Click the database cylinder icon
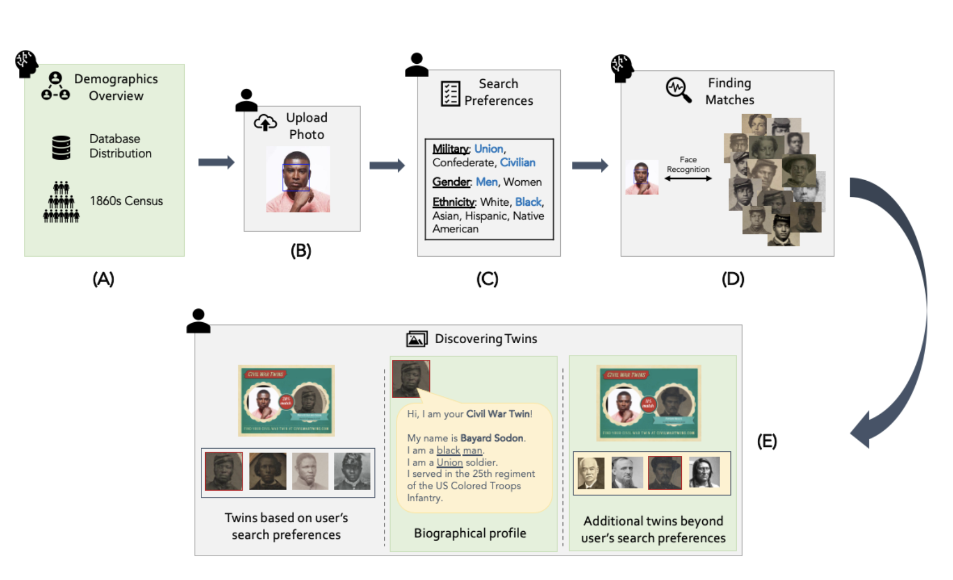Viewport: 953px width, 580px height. [x=61, y=147]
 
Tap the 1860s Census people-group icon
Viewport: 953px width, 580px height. [x=61, y=202]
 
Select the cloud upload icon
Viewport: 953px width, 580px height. [x=265, y=123]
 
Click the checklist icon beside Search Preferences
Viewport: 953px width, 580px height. [x=450, y=93]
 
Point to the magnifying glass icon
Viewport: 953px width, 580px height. [x=678, y=90]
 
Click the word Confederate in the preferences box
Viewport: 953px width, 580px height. [x=464, y=162]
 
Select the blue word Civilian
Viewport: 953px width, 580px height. [x=518, y=162]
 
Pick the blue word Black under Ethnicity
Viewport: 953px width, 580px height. [x=528, y=202]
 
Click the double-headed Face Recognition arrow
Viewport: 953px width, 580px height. [x=688, y=179]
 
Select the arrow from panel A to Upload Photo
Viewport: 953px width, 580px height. [x=216, y=162]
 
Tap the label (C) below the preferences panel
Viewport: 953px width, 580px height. [x=487, y=279]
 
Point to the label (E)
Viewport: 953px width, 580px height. [x=767, y=441]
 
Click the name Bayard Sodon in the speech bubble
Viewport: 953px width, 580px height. [x=492, y=438]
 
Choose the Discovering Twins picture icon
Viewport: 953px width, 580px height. [x=417, y=339]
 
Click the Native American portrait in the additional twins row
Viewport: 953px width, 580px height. [x=704, y=472]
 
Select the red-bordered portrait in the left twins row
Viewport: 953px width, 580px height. [x=224, y=471]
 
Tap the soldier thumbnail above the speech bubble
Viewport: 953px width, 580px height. [x=410, y=379]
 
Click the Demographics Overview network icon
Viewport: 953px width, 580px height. [x=55, y=86]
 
